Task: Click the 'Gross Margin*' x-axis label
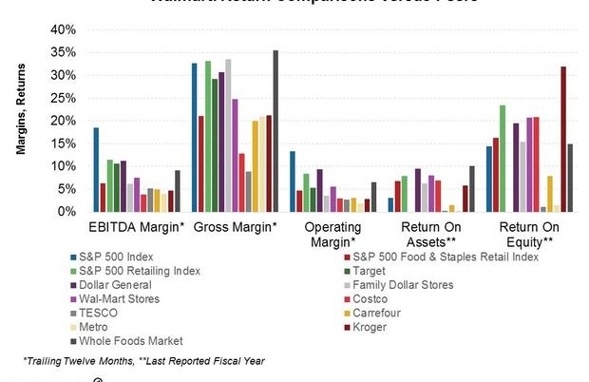(235, 228)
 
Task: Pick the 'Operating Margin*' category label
(332, 235)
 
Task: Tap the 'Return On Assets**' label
(431, 235)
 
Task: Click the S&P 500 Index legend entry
(122, 257)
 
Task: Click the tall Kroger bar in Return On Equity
(563, 139)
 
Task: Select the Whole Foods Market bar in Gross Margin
(275, 130)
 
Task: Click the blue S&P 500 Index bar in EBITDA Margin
(96, 169)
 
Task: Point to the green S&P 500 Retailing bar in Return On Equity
(503, 158)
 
